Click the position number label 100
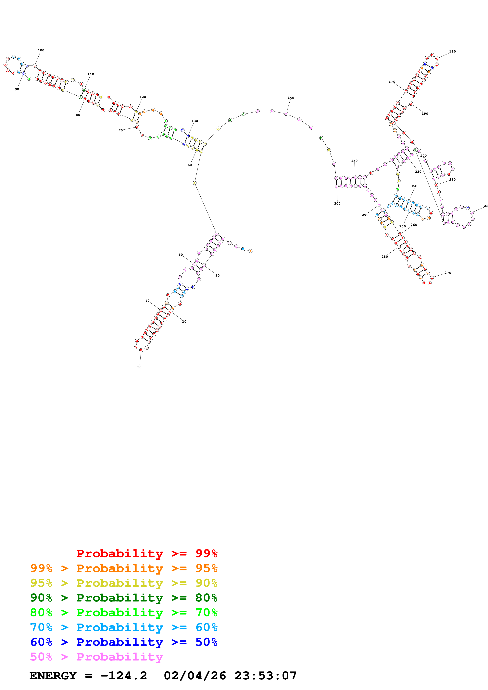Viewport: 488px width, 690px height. coord(41,50)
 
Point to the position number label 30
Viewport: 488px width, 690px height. coord(139,367)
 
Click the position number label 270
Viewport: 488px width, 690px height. coord(447,273)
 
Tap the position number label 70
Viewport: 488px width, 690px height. coord(120,130)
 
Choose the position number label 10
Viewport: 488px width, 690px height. coord(217,275)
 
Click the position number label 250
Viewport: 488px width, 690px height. coord(402,226)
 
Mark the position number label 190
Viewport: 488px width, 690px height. coord(425,114)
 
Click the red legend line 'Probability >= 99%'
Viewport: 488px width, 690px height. coord(147,553)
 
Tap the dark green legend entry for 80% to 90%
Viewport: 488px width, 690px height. coord(124,598)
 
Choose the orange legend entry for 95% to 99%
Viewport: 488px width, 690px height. coord(124,568)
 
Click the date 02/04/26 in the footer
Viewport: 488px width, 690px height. coord(194,676)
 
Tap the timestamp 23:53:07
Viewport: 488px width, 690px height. coord(265,676)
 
